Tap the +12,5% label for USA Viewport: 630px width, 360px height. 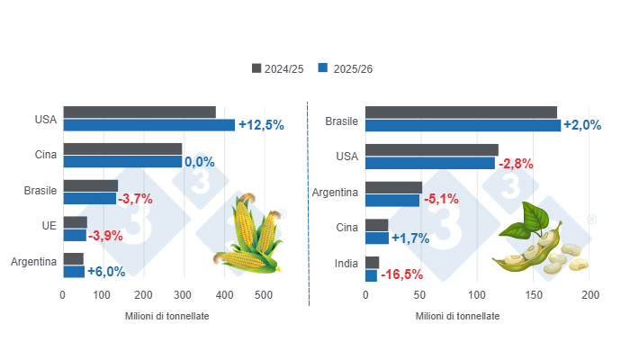click(x=261, y=125)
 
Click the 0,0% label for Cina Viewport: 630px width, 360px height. click(x=199, y=162)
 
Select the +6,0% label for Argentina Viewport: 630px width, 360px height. click(x=106, y=272)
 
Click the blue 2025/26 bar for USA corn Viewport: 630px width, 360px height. click(x=148, y=125)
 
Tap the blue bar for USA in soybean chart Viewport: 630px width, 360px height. click(x=430, y=163)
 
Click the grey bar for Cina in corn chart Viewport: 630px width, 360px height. click(x=122, y=149)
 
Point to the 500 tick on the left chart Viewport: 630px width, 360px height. click(x=263, y=295)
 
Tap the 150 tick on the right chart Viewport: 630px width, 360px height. click(x=535, y=295)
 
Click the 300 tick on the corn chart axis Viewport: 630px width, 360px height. click(x=183, y=295)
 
